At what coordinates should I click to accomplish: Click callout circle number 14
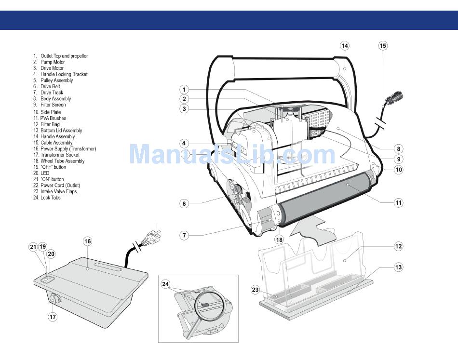click(345, 46)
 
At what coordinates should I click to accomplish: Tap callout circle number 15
click(383, 46)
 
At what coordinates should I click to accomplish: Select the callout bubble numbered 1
click(184, 90)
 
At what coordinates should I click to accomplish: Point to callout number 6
click(184, 203)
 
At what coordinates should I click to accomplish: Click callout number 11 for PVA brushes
click(398, 202)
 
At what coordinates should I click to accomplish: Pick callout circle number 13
click(398, 267)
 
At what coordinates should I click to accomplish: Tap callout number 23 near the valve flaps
click(256, 290)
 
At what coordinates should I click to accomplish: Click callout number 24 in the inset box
click(166, 284)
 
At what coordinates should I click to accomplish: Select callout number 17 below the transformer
click(53, 317)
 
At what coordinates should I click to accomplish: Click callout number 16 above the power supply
click(87, 241)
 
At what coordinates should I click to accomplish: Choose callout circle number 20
click(51, 254)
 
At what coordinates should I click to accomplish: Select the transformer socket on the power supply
click(53, 300)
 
